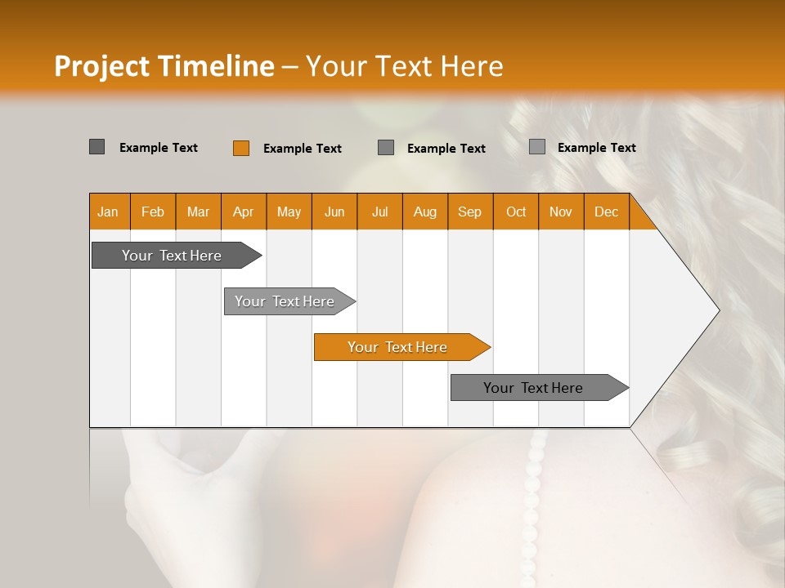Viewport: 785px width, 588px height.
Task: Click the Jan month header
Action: coord(108,212)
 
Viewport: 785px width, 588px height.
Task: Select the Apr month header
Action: coord(243,212)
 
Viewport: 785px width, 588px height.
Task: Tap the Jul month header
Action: coord(379,212)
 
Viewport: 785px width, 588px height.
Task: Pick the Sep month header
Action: coord(469,212)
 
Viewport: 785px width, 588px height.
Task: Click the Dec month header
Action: coord(606,212)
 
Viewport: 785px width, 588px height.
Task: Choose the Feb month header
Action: coord(153,212)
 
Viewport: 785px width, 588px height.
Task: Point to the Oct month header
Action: coord(515,212)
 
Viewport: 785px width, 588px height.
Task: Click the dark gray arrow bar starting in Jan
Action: coord(172,256)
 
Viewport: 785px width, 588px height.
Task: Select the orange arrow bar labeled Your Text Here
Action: coord(397,347)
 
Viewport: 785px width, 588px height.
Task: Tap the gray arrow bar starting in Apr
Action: coord(285,301)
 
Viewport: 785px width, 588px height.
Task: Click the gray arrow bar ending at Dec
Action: coord(533,388)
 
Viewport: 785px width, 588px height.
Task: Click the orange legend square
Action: coord(240,148)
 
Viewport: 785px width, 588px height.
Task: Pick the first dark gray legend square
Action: coord(96,147)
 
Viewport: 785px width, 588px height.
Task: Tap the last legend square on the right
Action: coord(536,147)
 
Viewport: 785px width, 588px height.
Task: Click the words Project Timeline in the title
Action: coord(164,66)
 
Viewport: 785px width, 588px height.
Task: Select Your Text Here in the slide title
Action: coord(404,66)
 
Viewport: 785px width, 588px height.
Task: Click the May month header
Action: coord(289,212)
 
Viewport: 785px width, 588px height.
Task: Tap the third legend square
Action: coord(386,148)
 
